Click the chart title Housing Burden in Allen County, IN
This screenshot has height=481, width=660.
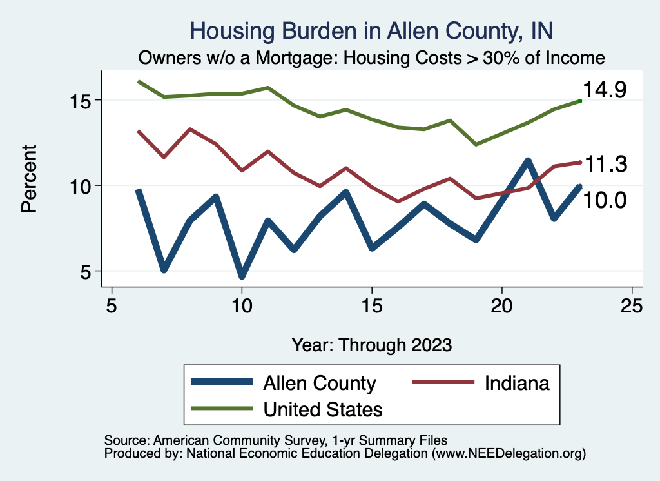[x=372, y=31]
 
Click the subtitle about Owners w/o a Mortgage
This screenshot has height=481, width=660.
[x=372, y=58]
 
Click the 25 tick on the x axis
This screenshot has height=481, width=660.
[x=631, y=305]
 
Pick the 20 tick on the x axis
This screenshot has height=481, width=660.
[x=501, y=305]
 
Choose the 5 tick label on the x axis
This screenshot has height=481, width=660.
[x=112, y=305]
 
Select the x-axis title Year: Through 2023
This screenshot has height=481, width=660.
[x=372, y=344]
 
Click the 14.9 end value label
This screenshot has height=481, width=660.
[x=605, y=90]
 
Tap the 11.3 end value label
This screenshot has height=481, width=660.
[x=605, y=165]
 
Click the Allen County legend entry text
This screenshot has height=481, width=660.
[x=319, y=383]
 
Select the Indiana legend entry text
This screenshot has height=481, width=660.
[x=517, y=383]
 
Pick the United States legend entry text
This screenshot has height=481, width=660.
[x=323, y=409]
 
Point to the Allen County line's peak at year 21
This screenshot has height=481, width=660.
[x=528, y=161]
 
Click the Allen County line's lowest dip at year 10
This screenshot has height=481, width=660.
[x=242, y=276]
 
